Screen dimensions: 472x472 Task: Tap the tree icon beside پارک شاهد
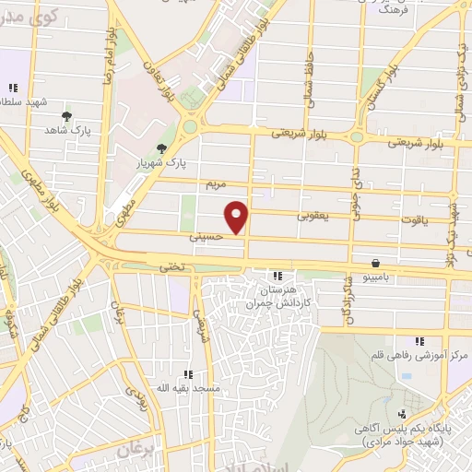(66, 116)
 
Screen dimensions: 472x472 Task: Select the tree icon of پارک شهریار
(162, 148)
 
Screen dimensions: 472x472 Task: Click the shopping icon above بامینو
(374, 262)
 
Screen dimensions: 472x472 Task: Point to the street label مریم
(214, 183)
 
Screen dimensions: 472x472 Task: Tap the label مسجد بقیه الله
(188, 388)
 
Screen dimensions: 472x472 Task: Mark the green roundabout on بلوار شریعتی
(192, 126)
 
